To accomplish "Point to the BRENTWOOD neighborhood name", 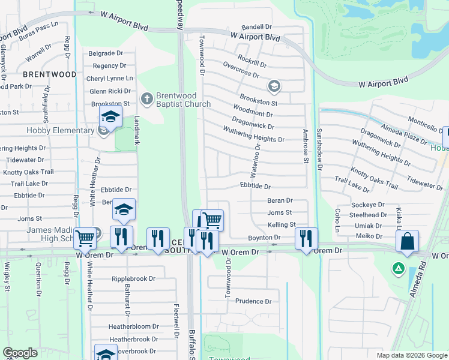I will [49, 74].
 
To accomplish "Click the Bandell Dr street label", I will [256, 28].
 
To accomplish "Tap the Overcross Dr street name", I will [240, 70].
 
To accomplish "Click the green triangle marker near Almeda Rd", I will [397, 267].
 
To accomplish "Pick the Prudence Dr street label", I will [253, 301].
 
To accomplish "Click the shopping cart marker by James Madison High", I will [85, 238].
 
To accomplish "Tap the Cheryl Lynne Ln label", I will [110, 79].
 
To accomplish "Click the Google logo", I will [20, 352].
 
